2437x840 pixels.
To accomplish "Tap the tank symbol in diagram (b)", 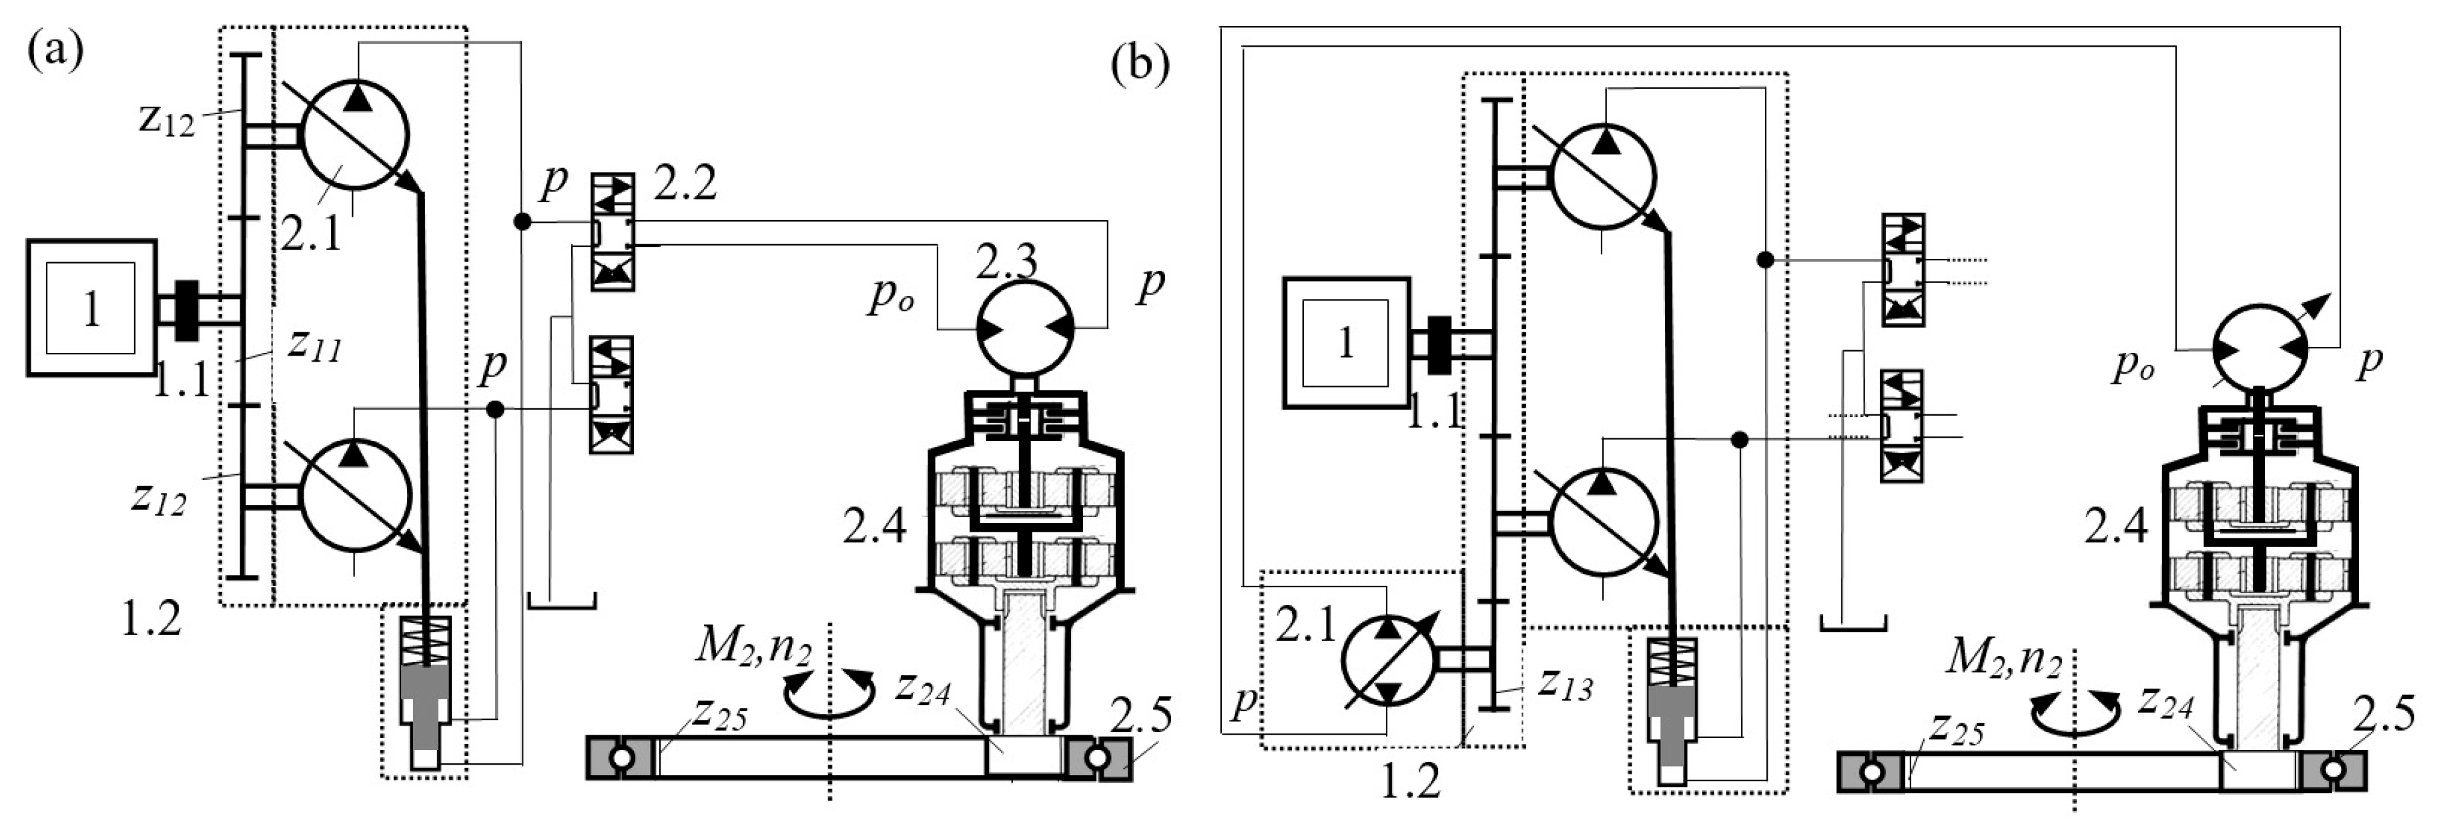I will coord(1853,622).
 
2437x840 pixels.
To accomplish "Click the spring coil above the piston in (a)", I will coord(426,641).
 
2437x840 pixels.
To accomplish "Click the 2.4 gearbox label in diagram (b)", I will coord(2116,527).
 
